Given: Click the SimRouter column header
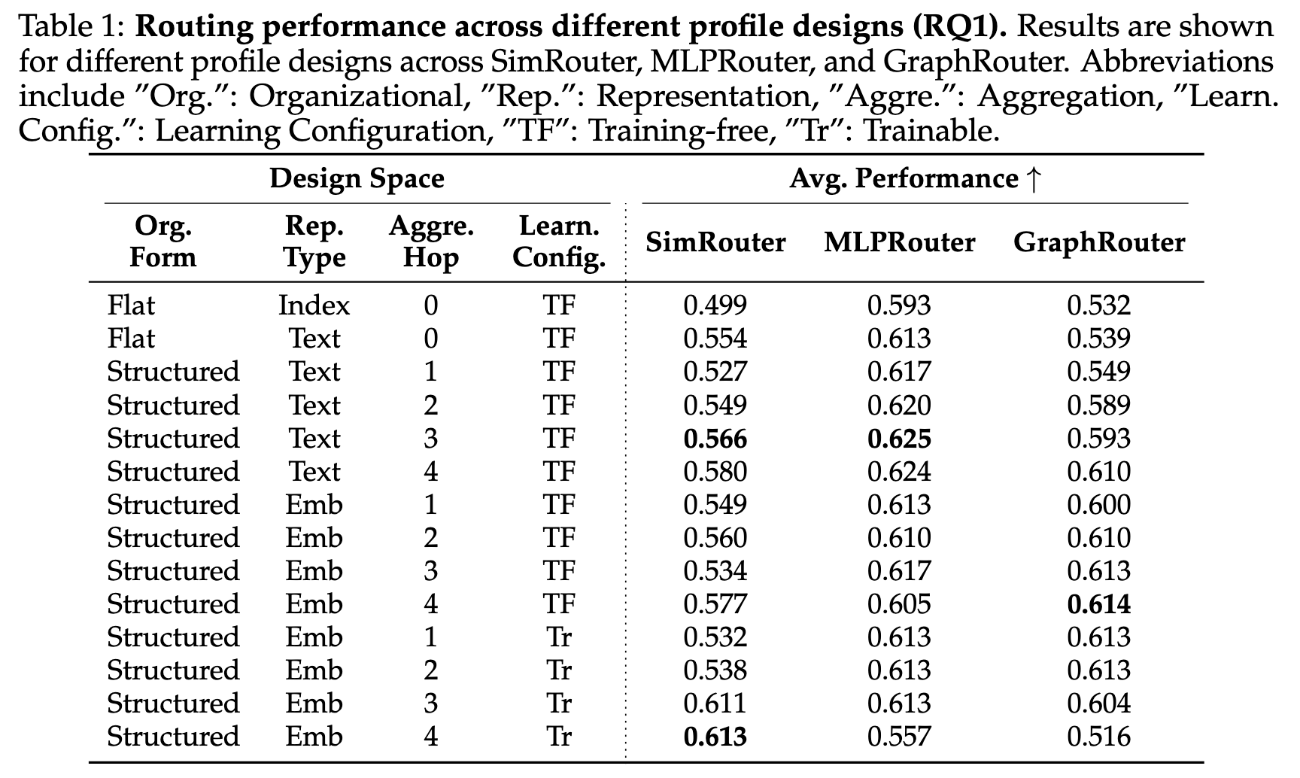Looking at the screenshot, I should [x=715, y=242].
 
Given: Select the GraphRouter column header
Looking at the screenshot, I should [x=1098, y=242].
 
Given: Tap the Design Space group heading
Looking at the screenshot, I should [x=357, y=179].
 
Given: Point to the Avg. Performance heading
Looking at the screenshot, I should [x=914, y=179].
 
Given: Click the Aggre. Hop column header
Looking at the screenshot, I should [x=430, y=242].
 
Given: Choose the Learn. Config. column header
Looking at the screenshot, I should [x=559, y=242].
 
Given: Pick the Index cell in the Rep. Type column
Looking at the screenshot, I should [x=314, y=305].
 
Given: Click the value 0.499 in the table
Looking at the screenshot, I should [x=715, y=305].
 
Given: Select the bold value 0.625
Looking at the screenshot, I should [x=899, y=439].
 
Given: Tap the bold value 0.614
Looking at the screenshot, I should [x=1098, y=604].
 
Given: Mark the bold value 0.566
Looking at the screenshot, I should [x=715, y=439].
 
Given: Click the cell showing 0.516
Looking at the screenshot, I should [x=1098, y=737].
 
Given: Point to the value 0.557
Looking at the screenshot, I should [x=899, y=737].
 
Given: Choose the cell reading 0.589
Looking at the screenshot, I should [x=1098, y=406].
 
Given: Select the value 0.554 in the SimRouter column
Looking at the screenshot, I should [x=715, y=339].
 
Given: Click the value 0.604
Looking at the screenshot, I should [x=1098, y=704].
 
